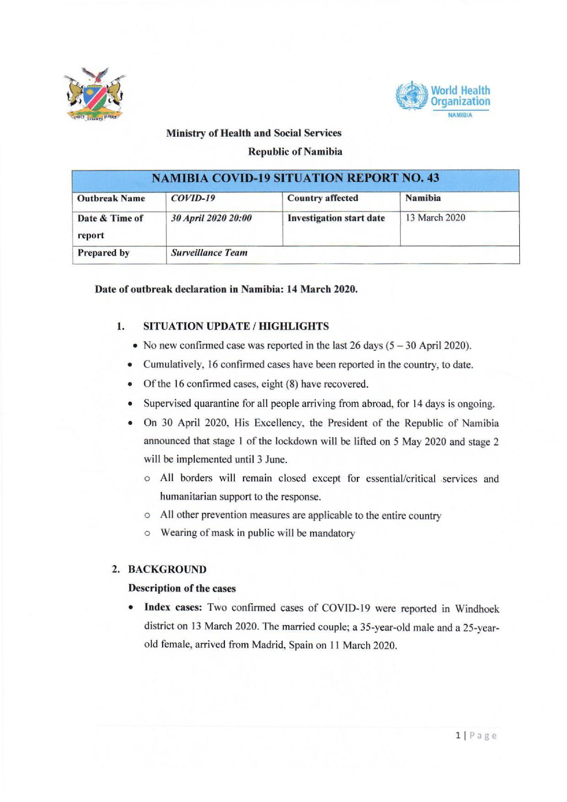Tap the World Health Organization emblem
tap(411, 95)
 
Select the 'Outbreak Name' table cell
tap(111, 198)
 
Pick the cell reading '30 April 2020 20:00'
tap(211, 218)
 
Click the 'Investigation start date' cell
tap(336, 218)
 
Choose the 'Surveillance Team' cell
tap(209, 252)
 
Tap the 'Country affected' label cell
tap(323, 198)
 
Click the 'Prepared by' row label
tap(103, 252)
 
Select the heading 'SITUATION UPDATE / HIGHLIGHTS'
tap(236, 326)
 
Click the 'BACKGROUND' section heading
tap(167, 570)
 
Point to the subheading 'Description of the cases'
tap(182, 588)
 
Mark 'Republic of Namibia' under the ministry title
tap(295, 152)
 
